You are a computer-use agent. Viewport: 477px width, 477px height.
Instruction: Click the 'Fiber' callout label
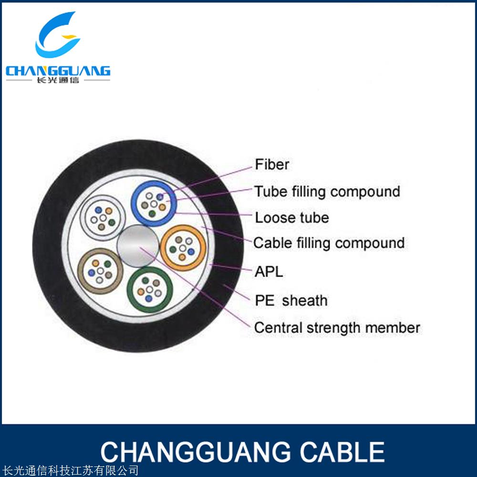pyautogui.click(x=272, y=165)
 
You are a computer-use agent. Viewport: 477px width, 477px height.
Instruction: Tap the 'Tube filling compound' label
pyautogui.click(x=327, y=192)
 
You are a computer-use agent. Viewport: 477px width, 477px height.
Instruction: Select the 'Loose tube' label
pyautogui.click(x=291, y=218)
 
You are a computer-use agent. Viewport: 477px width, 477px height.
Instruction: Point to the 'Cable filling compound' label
pyautogui.click(x=329, y=243)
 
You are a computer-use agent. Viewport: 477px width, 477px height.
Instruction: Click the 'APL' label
pyautogui.click(x=269, y=272)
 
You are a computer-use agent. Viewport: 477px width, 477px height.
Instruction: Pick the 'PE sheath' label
pyautogui.click(x=291, y=301)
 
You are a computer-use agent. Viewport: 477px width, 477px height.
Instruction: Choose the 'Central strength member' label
pyautogui.click(x=337, y=328)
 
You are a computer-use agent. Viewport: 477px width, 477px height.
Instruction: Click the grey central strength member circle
pyautogui.click(x=138, y=246)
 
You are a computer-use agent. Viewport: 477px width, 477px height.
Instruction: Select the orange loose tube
pyautogui.click(x=183, y=247)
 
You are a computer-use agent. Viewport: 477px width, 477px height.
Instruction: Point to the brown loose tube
pyautogui.click(x=100, y=271)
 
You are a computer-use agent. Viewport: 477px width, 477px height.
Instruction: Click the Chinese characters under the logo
pyautogui.click(x=57, y=81)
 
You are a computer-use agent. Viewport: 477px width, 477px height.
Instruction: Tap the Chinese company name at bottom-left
pyautogui.click(x=70, y=471)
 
